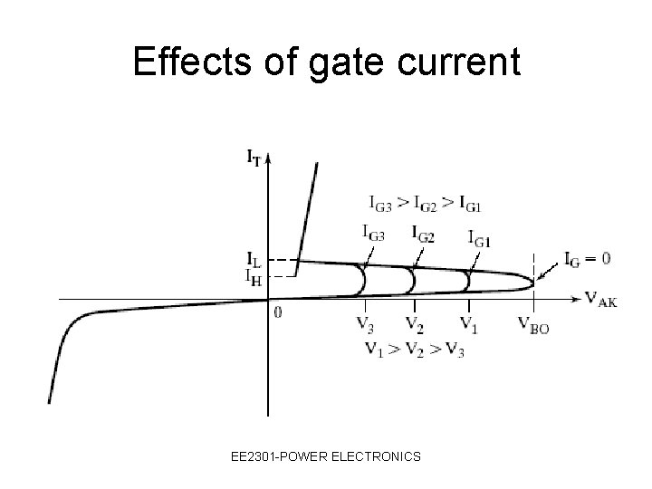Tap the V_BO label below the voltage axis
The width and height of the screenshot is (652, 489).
coord(532,326)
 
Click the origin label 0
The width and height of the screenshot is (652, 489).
coord(277,312)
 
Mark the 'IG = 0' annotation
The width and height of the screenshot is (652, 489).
coord(587,259)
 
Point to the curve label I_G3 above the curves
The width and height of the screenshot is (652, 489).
coord(373,233)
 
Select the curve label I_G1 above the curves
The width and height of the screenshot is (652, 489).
coord(481,239)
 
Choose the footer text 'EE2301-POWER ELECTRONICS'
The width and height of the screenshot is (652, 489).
coord(325,457)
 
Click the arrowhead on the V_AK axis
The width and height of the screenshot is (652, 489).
coord(576,298)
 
